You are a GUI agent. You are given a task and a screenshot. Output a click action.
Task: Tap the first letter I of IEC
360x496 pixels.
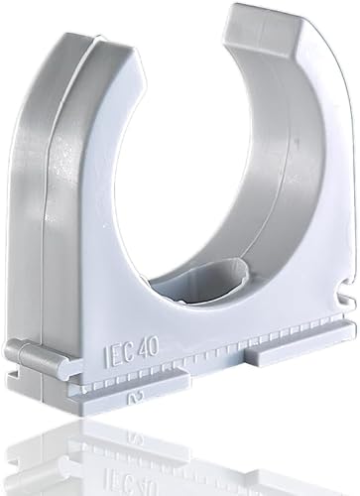tap(106, 356)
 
